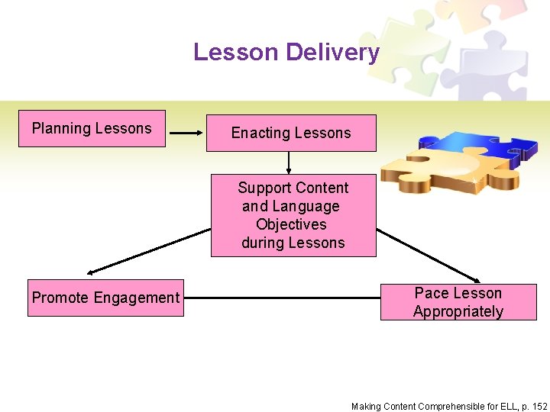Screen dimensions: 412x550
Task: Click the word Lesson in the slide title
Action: click(x=236, y=52)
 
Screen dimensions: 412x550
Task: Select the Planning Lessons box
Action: click(x=92, y=129)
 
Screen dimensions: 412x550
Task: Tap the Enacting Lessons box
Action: click(x=291, y=134)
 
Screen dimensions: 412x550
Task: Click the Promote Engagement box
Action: click(x=105, y=298)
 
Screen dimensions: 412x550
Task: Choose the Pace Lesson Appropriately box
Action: click(x=458, y=302)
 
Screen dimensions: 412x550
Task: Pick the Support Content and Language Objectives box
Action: click(x=293, y=215)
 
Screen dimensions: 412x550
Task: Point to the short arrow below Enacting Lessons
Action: click(x=290, y=162)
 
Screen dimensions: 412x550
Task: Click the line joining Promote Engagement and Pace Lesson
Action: click(x=282, y=298)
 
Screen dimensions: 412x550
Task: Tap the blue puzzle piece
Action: click(x=474, y=149)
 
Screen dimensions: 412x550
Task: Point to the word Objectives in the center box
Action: click(x=291, y=224)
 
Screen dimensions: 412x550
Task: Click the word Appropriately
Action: click(x=458, y=311)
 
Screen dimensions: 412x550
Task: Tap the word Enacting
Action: click(x=260, y=134)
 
